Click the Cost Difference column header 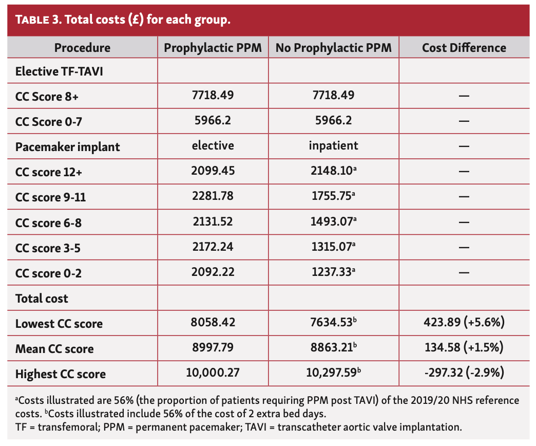(x=464, y=48)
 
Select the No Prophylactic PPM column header (x=333, y=48)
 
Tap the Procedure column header (x=82, y=48)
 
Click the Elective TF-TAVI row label (x=59, y=71)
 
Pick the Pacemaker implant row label (x=67, y=147)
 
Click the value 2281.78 (x=213, y=197)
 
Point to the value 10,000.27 (x=213, y=373)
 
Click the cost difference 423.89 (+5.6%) (x=464, y=323)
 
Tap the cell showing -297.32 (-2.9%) (x=464, y=373)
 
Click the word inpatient (x=333, y=146)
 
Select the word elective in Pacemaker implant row (x=213, y=146)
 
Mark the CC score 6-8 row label (x=48, y=222)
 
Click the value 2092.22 (x=213, y=272)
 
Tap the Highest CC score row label (x=60, y=374)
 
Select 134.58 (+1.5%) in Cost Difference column (x=464, y=348)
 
